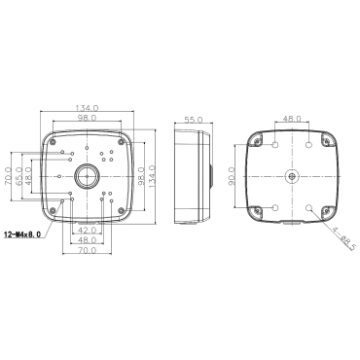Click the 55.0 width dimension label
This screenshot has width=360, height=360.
point(194,120)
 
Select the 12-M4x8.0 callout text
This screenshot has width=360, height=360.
point(22,234)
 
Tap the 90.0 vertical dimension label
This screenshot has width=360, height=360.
point(231,176)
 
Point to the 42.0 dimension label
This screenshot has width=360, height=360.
point(88,230)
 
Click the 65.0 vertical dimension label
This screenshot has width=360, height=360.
point(18,176)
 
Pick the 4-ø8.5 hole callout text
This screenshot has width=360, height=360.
point(343,237)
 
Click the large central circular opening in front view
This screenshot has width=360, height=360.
point(87,176)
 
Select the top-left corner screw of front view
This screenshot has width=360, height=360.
point(52,141)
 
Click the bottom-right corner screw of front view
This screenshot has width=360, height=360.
point(121,210)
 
